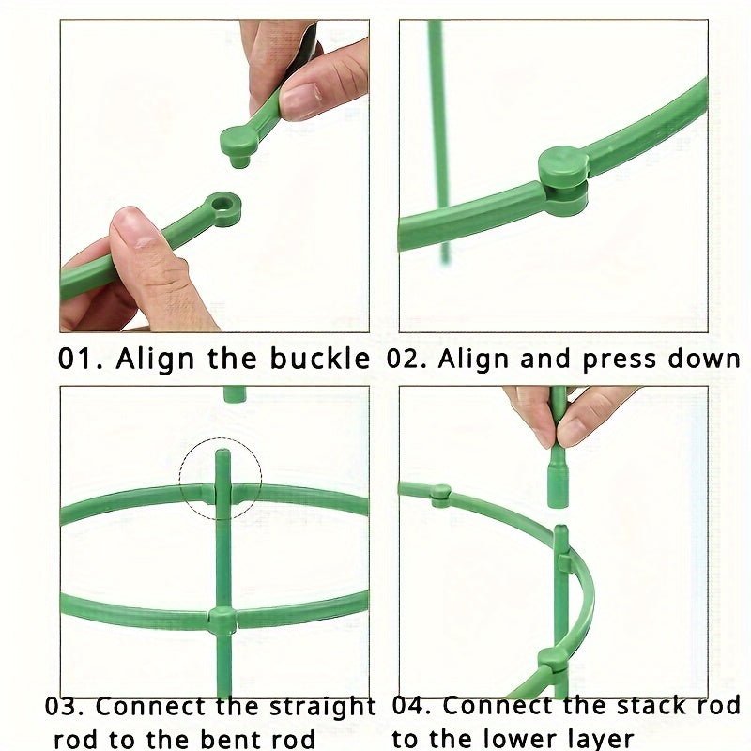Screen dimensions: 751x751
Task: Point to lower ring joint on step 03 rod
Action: (x=222, y=620)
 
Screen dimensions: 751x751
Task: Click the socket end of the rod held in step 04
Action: (x=559, y=488)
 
